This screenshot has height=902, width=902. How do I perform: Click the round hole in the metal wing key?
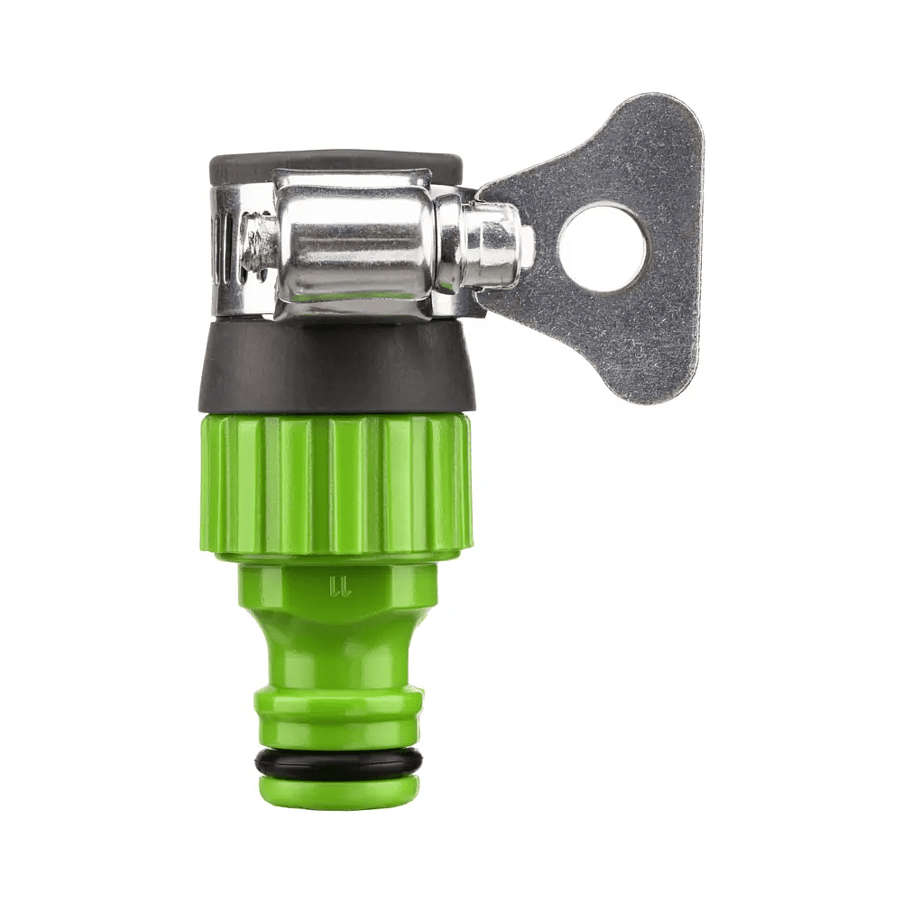coord(602,247)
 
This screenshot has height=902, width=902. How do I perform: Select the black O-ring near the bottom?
coord(337,761)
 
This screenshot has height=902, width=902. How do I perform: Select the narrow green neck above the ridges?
coord(337,654)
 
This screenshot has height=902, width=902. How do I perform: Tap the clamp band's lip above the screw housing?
coord(352,179)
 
